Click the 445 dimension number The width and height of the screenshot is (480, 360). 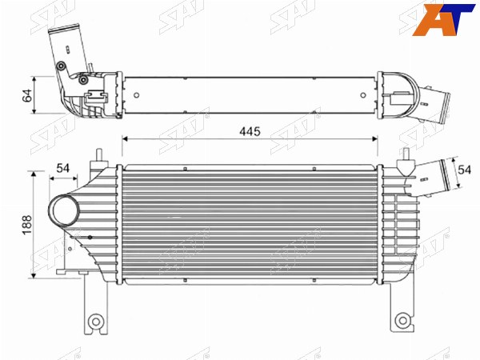250,131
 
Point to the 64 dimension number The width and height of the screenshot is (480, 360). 27,95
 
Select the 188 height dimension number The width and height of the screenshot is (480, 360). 27,225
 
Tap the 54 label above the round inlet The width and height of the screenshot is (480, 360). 62,168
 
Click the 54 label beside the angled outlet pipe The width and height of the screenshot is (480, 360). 464,170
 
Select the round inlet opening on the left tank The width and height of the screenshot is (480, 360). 64,210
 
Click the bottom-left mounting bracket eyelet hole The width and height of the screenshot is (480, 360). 96,322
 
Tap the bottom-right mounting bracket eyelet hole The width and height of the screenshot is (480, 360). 402,321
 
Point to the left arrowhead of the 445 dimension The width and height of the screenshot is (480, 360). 125,139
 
